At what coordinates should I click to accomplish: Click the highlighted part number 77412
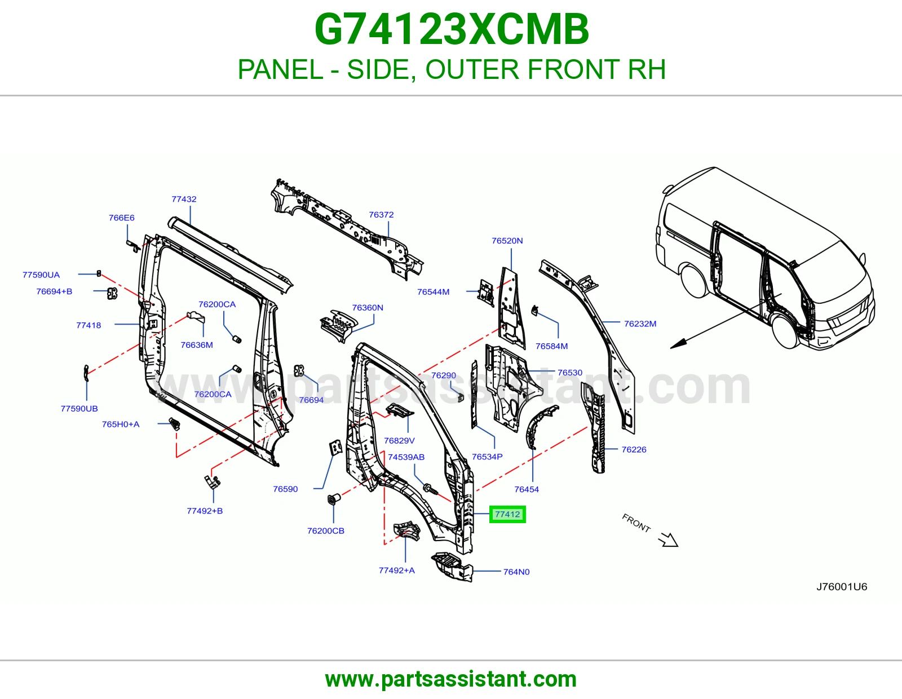pos(507,514)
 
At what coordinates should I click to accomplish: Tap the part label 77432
pos(184,199)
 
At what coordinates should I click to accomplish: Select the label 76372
pos(381,215)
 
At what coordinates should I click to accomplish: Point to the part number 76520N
pos(507,241)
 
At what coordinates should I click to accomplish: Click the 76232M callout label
pos(640,324)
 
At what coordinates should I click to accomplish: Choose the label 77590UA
pos(41,275)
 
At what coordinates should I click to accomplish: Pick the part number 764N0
pos(516,572)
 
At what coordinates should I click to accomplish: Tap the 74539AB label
pos(406,457)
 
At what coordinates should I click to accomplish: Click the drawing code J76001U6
pos(842,587)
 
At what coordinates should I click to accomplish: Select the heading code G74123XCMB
pos(452,29)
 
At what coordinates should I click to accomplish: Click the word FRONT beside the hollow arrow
pos(636,523)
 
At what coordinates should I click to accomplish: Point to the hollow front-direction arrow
pos(668,539)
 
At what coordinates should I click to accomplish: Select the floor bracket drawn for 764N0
pos(452,566)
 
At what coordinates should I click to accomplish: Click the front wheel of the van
pos(785,332)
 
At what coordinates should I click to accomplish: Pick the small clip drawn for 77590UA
pos(99,273)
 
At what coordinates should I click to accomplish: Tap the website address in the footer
pos(451,679)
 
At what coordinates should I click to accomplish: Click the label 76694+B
pos(54,292)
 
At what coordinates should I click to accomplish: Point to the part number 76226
pos(634,449)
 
